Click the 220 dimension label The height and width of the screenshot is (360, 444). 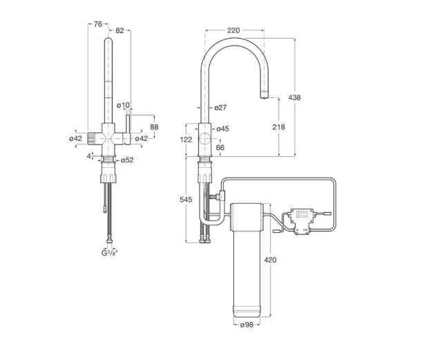pyautogui.click(x=233, y=30)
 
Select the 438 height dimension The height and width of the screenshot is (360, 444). pyautogui.click(x=294, y=97)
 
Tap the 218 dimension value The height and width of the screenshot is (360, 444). pyautogui.click(x=279, y=127)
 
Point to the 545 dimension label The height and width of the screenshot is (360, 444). pyautogui.click(x=186, y=200)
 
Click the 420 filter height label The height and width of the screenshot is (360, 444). pyautogui.click(x=270, y=260)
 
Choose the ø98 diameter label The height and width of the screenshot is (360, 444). pyautogui.click(x=247, y=325)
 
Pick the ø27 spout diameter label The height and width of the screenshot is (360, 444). pyautogui.click(x=220, y=107)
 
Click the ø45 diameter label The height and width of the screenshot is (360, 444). pyautogui.click(x=222, y=129)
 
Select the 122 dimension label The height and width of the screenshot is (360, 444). pyautogui.click(x=186, y=140)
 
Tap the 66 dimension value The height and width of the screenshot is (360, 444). pyautogui.click(x=220, y=147)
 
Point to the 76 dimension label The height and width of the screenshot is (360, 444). pyautogui.click(x=97, y=24)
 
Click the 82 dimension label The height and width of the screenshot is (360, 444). pyautogui.click(x=119, y=30)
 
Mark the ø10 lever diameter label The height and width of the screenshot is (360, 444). pyautogui.click(x=123, y=106)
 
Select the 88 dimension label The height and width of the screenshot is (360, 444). pyautogui.click(x=154, y=126)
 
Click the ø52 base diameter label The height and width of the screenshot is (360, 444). pyautogui.click(x=127, y=160)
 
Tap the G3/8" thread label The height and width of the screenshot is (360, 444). pyautogui.click(x=109, y=253)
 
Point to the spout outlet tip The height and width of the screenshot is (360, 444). pyautogui.click(x=264, y=98)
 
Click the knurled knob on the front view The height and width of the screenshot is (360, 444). pyautogui.click(x=91, y=139)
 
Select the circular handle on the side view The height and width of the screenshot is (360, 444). pyautogui.click(x=204, y=139)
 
